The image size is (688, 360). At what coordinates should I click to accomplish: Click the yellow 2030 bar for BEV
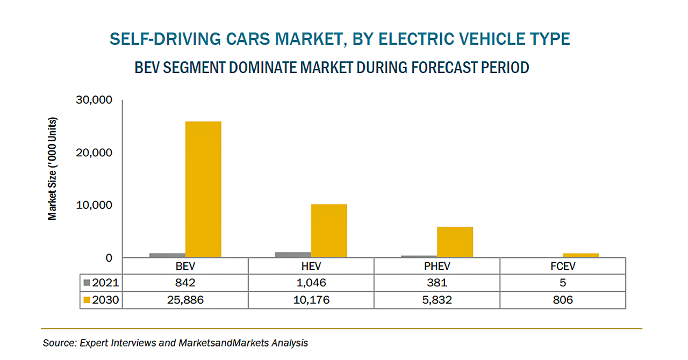pyautogui.click(x=203, y=189)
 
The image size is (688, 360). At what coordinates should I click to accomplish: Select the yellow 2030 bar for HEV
pyautogui.click(x=329, y=231)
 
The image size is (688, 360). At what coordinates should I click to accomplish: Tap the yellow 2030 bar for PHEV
pyautogui.click(x=455, y=242)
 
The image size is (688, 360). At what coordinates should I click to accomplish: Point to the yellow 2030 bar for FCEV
pyautogui.click(x=580, y=255)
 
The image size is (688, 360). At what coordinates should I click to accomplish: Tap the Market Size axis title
pyautogui.click(x=52, y=168)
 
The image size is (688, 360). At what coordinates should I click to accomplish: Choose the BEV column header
pyautogui.click(x=185, y=267)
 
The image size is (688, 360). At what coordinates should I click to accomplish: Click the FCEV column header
pyautogui.click(x=563, y=267)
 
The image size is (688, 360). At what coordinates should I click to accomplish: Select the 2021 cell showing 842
pyautogui.click(x=185, y=283)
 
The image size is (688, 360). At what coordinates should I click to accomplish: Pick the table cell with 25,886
pyautogui.click(x=185, y=300)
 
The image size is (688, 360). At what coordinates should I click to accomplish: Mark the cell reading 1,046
pyautogui.click(x=311, y=283)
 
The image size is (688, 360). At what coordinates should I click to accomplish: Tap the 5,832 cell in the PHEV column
pyautogui.click(x=437, y=300)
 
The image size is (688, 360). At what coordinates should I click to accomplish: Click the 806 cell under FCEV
pyautogui.click(x=563, y=300)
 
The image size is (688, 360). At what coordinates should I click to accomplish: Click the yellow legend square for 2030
pyautogui.click(x=87, y=300)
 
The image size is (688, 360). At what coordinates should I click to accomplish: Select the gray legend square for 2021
pyautogui.click(x=87, y=283)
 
